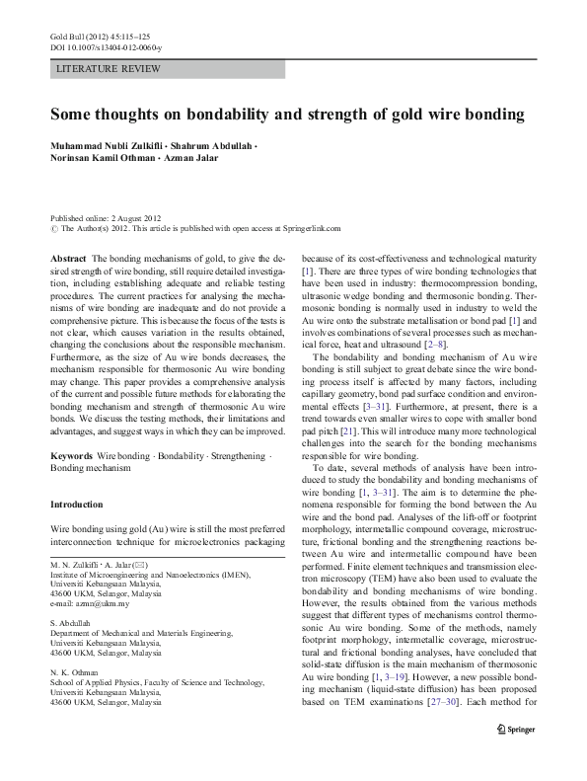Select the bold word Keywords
(72, 459)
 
